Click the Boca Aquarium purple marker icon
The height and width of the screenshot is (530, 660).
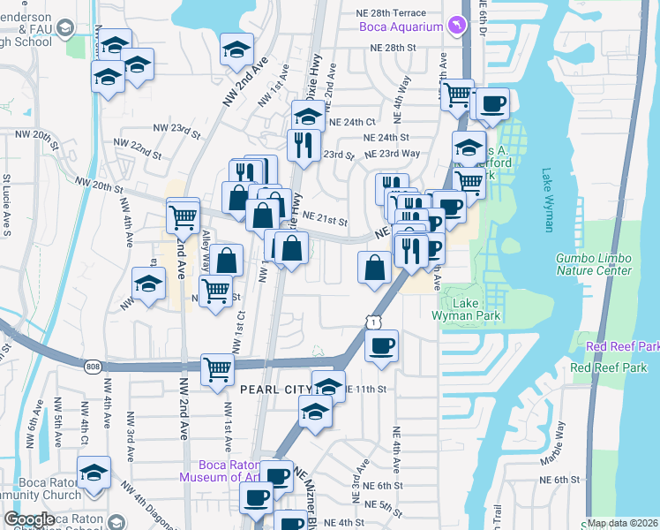[x=455, y=26]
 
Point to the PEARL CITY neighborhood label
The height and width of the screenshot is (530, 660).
[x=275, y=389]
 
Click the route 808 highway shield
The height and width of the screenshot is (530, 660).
[x=94, y=366]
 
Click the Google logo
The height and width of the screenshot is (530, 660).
[x=29, y=519]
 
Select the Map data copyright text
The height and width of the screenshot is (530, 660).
[x=622, y=523]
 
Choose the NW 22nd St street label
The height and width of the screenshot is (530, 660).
[x=137, y=149]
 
